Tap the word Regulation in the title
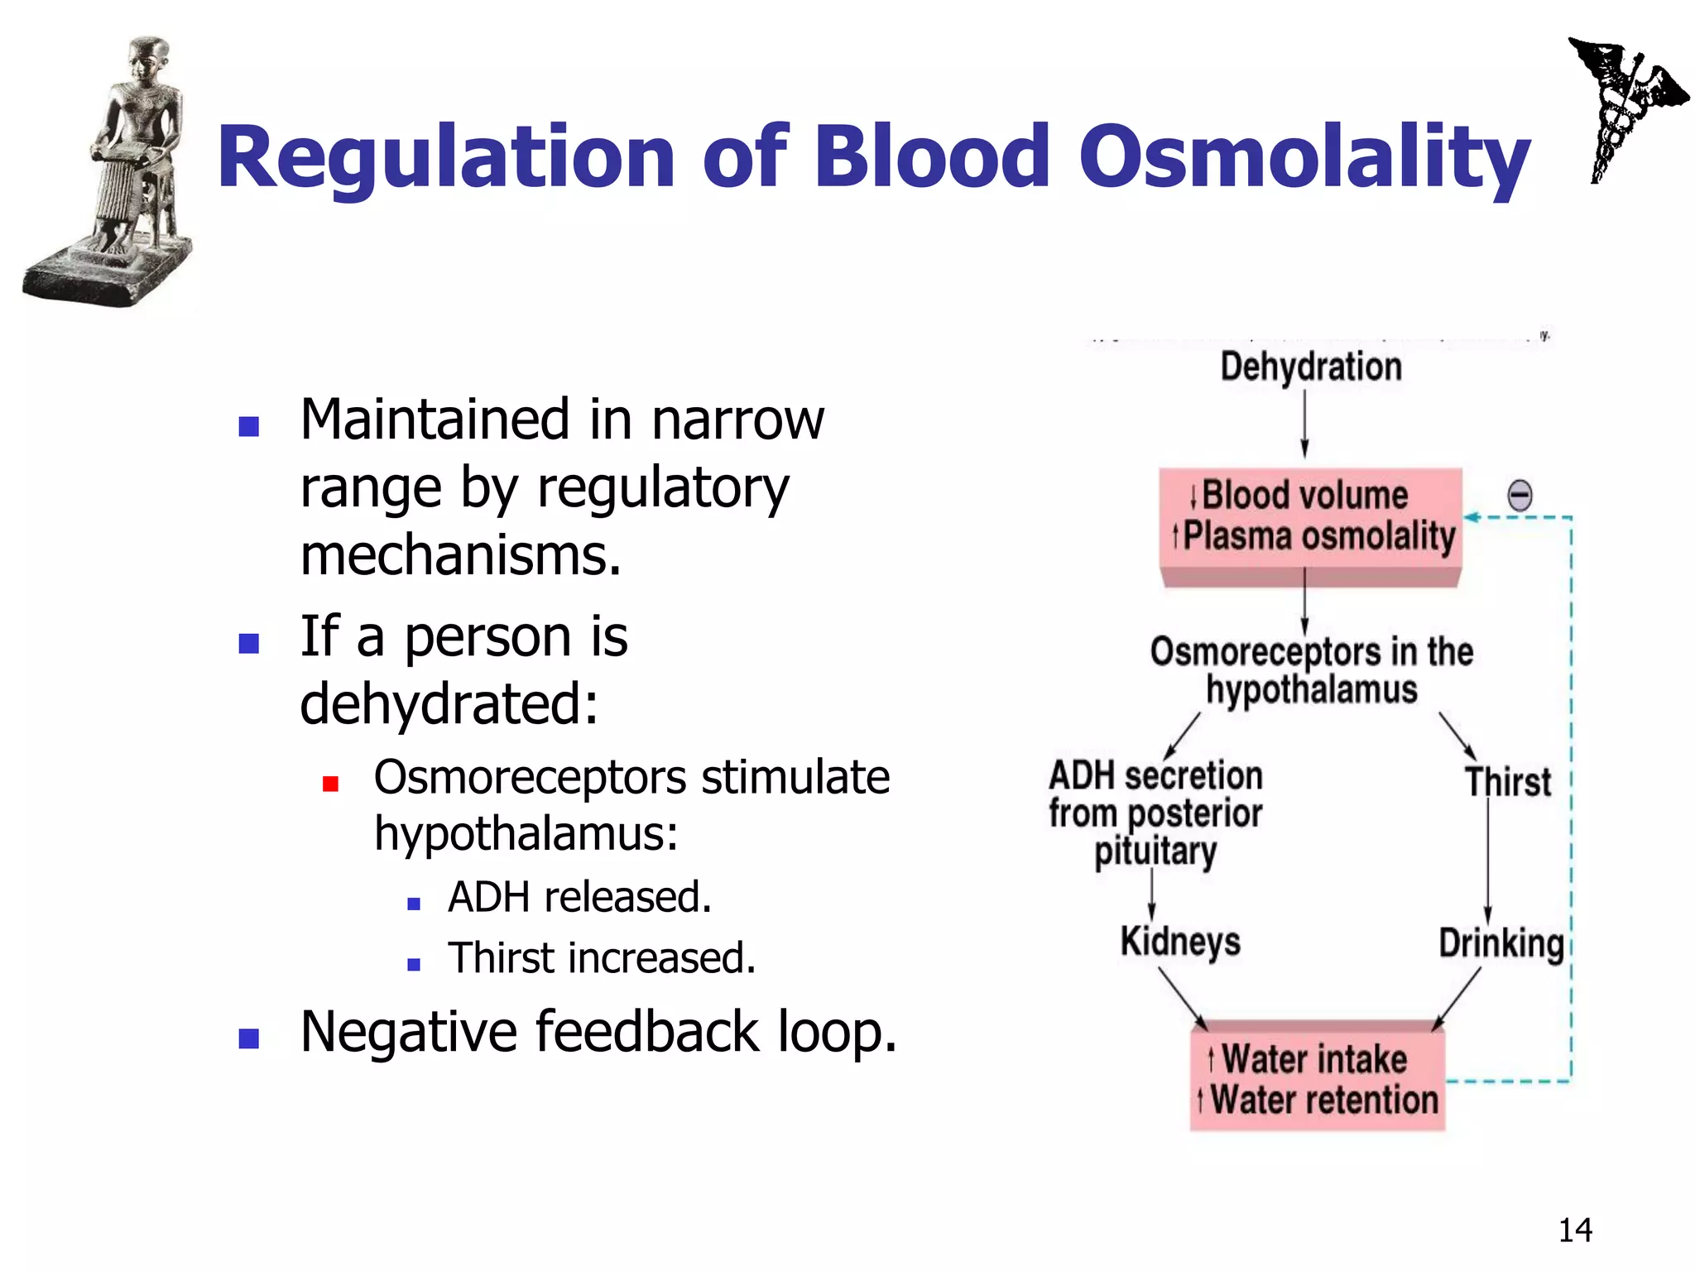445,157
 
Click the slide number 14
1575,1230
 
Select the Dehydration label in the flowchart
1311,367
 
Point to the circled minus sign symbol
1520,496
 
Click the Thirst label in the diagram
1508,782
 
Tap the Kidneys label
1180,942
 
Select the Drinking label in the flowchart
1501,943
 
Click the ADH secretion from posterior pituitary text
1155,813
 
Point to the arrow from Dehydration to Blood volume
1305,424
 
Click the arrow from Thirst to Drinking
1487,861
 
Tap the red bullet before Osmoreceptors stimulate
330,784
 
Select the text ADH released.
579,897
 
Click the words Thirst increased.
602,958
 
